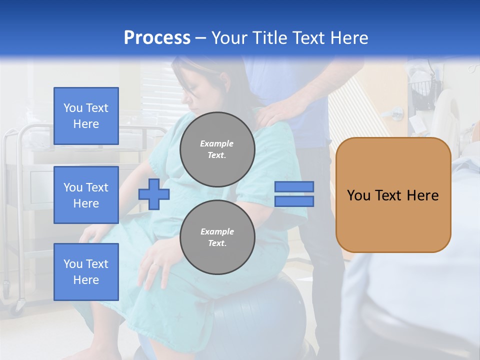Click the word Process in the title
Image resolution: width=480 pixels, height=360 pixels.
[157, 38]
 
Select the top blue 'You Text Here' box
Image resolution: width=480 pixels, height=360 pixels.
[86, 116]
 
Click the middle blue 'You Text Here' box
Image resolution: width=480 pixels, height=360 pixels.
[86, 195]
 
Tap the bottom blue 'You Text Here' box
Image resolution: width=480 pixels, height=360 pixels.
[86, 271]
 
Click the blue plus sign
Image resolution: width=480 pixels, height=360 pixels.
[154, 194]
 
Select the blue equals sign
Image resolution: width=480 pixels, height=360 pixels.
[294, 194]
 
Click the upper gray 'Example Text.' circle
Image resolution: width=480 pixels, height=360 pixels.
[217, 149]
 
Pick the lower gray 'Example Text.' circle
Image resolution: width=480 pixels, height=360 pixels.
[217, 237]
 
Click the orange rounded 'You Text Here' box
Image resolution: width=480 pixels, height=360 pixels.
[393, 195]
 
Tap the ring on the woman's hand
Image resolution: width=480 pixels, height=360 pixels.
[156, 263]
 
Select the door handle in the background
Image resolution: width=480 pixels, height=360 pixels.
[396, 112]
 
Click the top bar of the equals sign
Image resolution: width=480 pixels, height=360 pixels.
[294, 187]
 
